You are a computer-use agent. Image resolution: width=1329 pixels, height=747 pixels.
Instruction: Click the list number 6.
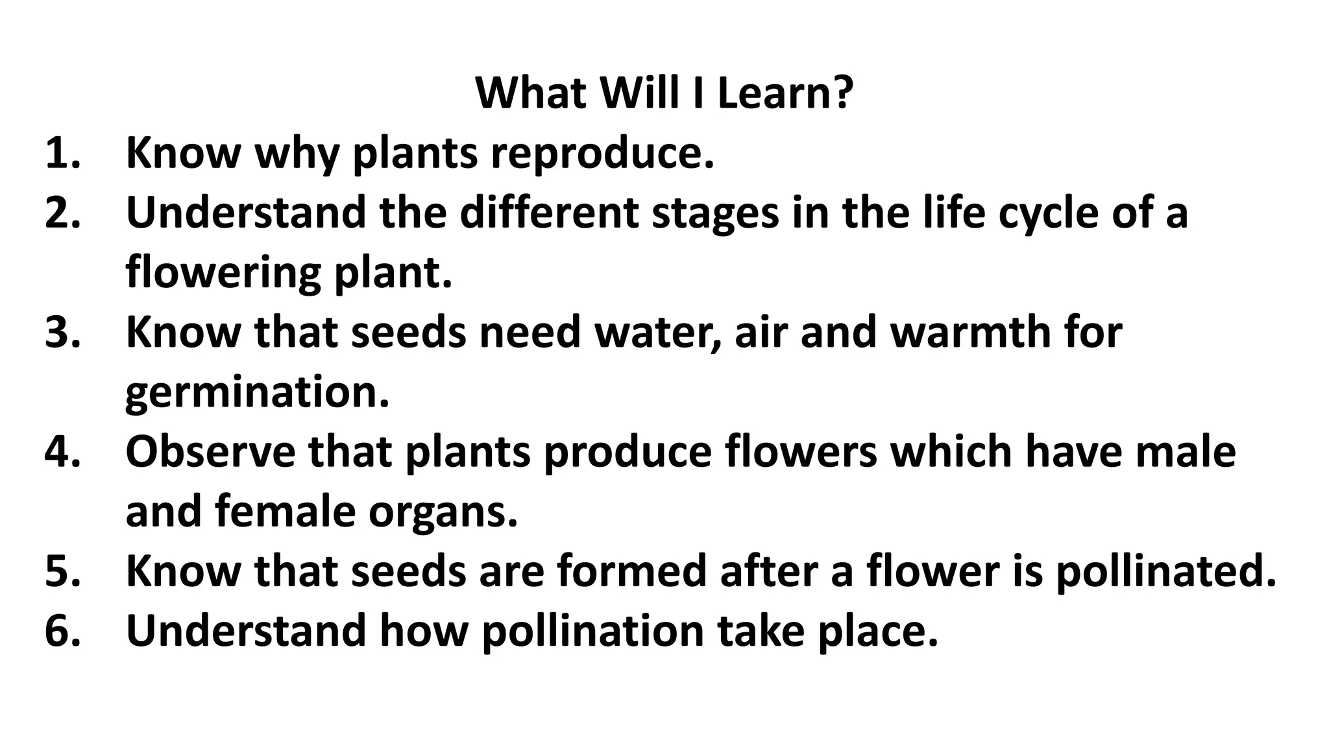pyautogui.click(x=63, y=630)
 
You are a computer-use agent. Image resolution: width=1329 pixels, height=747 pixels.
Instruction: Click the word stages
pyautogui.click(x=714, y=214)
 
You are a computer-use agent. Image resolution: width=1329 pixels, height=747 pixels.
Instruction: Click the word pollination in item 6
pyautogui.click(x=592, y=632)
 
